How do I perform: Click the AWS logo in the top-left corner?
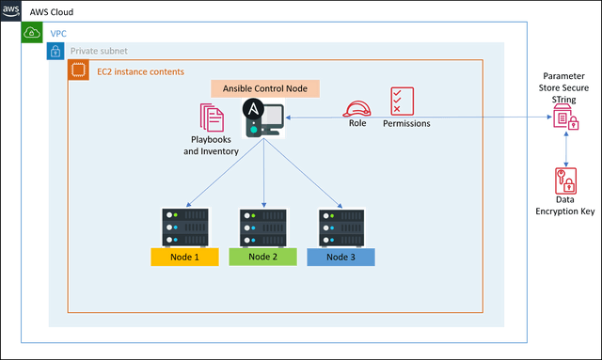[10, 10]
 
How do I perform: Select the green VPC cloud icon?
[32, 33]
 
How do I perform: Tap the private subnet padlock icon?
[55, 51]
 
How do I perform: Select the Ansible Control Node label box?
[264, 88]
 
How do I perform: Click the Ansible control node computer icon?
[262, 118]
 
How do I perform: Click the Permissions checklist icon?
[403, 101]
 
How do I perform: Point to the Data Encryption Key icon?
[565, 180]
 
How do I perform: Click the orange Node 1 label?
[184, 257]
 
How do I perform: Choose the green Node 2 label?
[262, 257]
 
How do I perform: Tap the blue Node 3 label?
[341, 257]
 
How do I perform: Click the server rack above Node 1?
[184, 226]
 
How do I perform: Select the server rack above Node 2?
[262, 226]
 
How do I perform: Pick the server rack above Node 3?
[341, 226]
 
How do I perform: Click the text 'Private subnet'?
[99, 51]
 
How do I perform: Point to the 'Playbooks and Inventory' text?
[212, 145]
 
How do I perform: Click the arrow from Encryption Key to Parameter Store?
[565, 149]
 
